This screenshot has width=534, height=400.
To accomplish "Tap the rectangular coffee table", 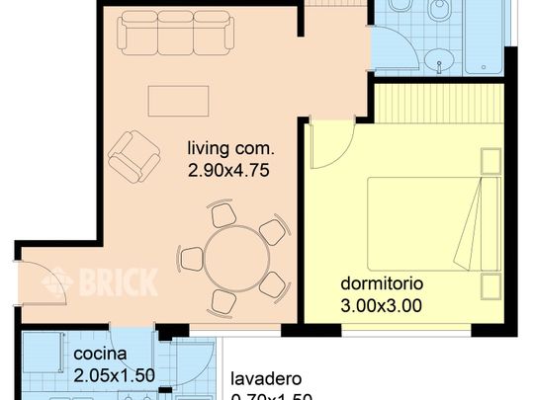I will coord(178,101).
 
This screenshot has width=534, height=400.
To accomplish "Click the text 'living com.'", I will coord(229,149).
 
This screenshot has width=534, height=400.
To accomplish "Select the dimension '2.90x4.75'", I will coord(229,169).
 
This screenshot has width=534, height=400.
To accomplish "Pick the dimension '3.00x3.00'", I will coord(381,305).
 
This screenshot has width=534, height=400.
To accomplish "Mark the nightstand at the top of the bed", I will coord(489,161).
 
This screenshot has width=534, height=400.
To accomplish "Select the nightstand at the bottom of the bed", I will coord(489,286).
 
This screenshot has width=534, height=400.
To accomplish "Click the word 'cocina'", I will coord(99,354).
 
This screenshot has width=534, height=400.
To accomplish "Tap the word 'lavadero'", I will coord(266,379).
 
